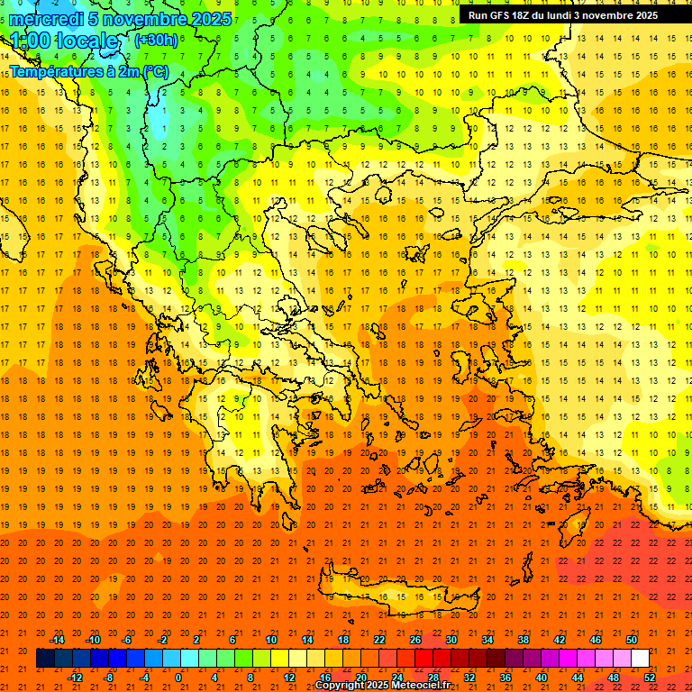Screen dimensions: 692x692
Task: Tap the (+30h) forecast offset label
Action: [156, 40]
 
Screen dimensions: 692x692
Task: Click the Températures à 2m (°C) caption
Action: [88, 69]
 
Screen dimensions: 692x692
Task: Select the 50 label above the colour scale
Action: [631, 640]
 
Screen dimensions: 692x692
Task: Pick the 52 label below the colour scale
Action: [650, 677]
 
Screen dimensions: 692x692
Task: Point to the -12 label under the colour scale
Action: [74, 677]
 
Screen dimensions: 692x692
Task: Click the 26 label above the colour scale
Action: [414, 640]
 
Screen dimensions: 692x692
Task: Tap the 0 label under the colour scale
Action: [178, 677]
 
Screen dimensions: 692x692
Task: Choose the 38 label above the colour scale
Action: [523, 640]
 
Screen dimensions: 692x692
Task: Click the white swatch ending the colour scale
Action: [640, 658]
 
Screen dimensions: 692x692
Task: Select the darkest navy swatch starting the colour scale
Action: [45, 658]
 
